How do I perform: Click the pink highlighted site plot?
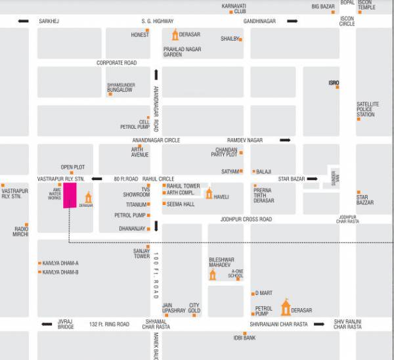(x=70, y=195)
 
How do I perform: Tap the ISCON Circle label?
(x=347, y=21)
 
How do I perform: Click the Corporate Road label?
(x=116, y=63)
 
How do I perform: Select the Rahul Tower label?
(x=183, y=186)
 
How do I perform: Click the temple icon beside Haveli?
(x=209, y=193)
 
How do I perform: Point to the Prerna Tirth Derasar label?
(x=263, y=195)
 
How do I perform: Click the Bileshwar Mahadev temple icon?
(x=213, y=273)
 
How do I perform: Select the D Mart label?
(x=264, y=292)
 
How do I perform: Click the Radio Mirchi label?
(x=21, y=231)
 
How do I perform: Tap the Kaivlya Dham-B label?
(x=60, y=272)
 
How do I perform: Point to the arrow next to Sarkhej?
(x=23, y=22)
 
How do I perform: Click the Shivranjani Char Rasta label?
(x=278, y=325)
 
